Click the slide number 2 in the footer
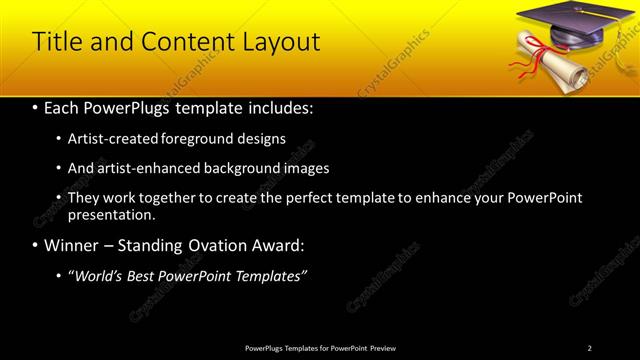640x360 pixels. (x=590, y=348)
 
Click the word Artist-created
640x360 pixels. (x=106, y=139)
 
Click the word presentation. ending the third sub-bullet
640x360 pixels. (x=111, y=214)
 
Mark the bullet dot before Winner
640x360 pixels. (x=37, y=246)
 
